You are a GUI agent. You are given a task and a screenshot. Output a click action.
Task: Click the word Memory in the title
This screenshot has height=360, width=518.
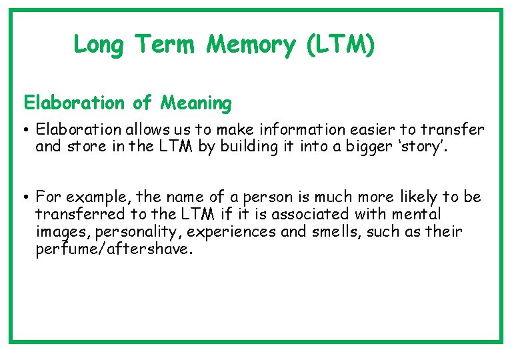point(250,45)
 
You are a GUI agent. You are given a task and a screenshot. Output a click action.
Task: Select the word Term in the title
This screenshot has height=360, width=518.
point(165,45)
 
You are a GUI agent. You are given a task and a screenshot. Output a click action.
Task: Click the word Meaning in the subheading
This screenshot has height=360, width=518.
point(195,103)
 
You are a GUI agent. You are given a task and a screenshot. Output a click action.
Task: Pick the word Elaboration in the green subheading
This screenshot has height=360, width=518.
point(74,103)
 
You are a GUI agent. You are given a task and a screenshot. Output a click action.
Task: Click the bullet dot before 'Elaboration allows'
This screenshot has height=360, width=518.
point(27,129)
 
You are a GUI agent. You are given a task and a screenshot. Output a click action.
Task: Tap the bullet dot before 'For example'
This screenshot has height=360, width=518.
point(27,197)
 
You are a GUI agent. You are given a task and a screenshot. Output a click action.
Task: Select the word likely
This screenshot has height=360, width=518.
point(420,197)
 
